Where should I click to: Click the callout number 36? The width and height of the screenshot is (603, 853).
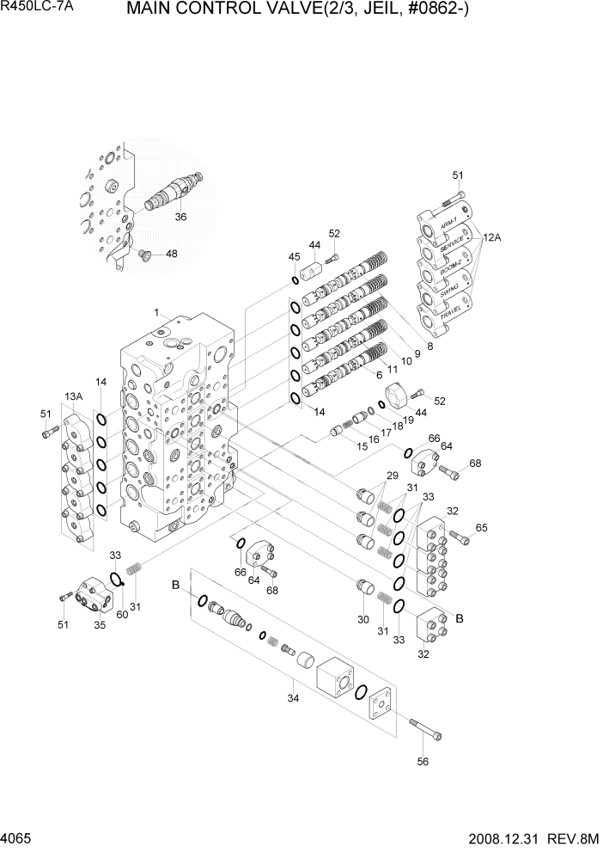pos(180,217)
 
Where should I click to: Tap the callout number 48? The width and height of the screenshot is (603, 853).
pos(172,254)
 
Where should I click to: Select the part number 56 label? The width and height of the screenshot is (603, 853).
pos(422,760)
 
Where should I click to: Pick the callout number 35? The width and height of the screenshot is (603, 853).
pos(100,625)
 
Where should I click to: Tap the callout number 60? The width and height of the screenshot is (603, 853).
pos(122,614)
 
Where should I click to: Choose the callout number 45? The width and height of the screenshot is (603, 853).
pos(294,256)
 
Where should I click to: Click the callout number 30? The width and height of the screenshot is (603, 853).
pos(363,619)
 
